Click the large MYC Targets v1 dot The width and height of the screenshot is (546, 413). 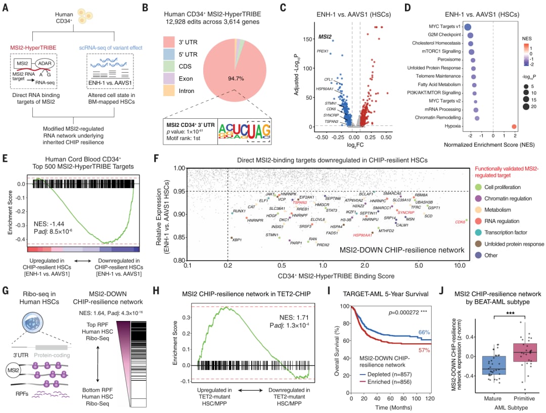[468, 28]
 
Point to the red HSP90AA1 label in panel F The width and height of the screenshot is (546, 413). [362, 235]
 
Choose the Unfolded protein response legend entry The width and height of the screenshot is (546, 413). [511, 244]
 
